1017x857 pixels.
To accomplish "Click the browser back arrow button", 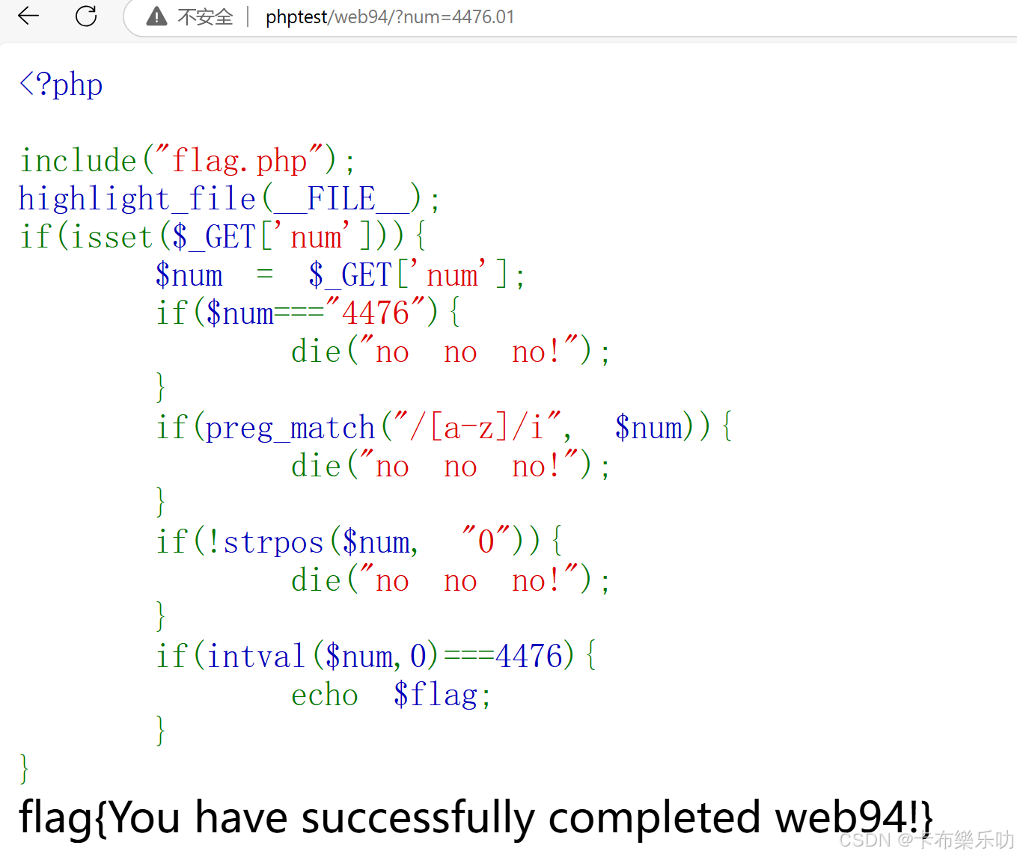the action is tap(28, 16).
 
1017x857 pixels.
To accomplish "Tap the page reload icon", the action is tap(86, 16).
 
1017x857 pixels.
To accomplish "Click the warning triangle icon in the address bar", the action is tap(156, 16).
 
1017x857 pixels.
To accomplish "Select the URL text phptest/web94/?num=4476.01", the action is tap(390, 16).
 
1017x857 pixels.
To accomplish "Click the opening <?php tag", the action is tap(61, 85).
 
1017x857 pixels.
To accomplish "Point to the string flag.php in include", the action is tap(239, 161).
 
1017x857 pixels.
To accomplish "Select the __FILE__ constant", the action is tap(341, 199).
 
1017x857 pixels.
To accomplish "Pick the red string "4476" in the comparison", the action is tap(376, 313).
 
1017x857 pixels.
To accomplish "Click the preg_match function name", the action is tap(290, 428).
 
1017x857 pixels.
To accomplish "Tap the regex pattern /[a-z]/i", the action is tap(479, 428).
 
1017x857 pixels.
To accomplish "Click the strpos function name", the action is tap(273, 542).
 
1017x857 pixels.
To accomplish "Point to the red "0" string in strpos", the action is tap(486, 541).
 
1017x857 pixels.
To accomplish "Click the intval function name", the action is tap(255, 657).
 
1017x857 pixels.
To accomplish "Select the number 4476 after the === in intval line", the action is tap(528, 657).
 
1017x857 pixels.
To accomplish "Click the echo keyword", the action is tap(324, 695).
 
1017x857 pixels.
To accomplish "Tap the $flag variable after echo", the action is tap(436, 695).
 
